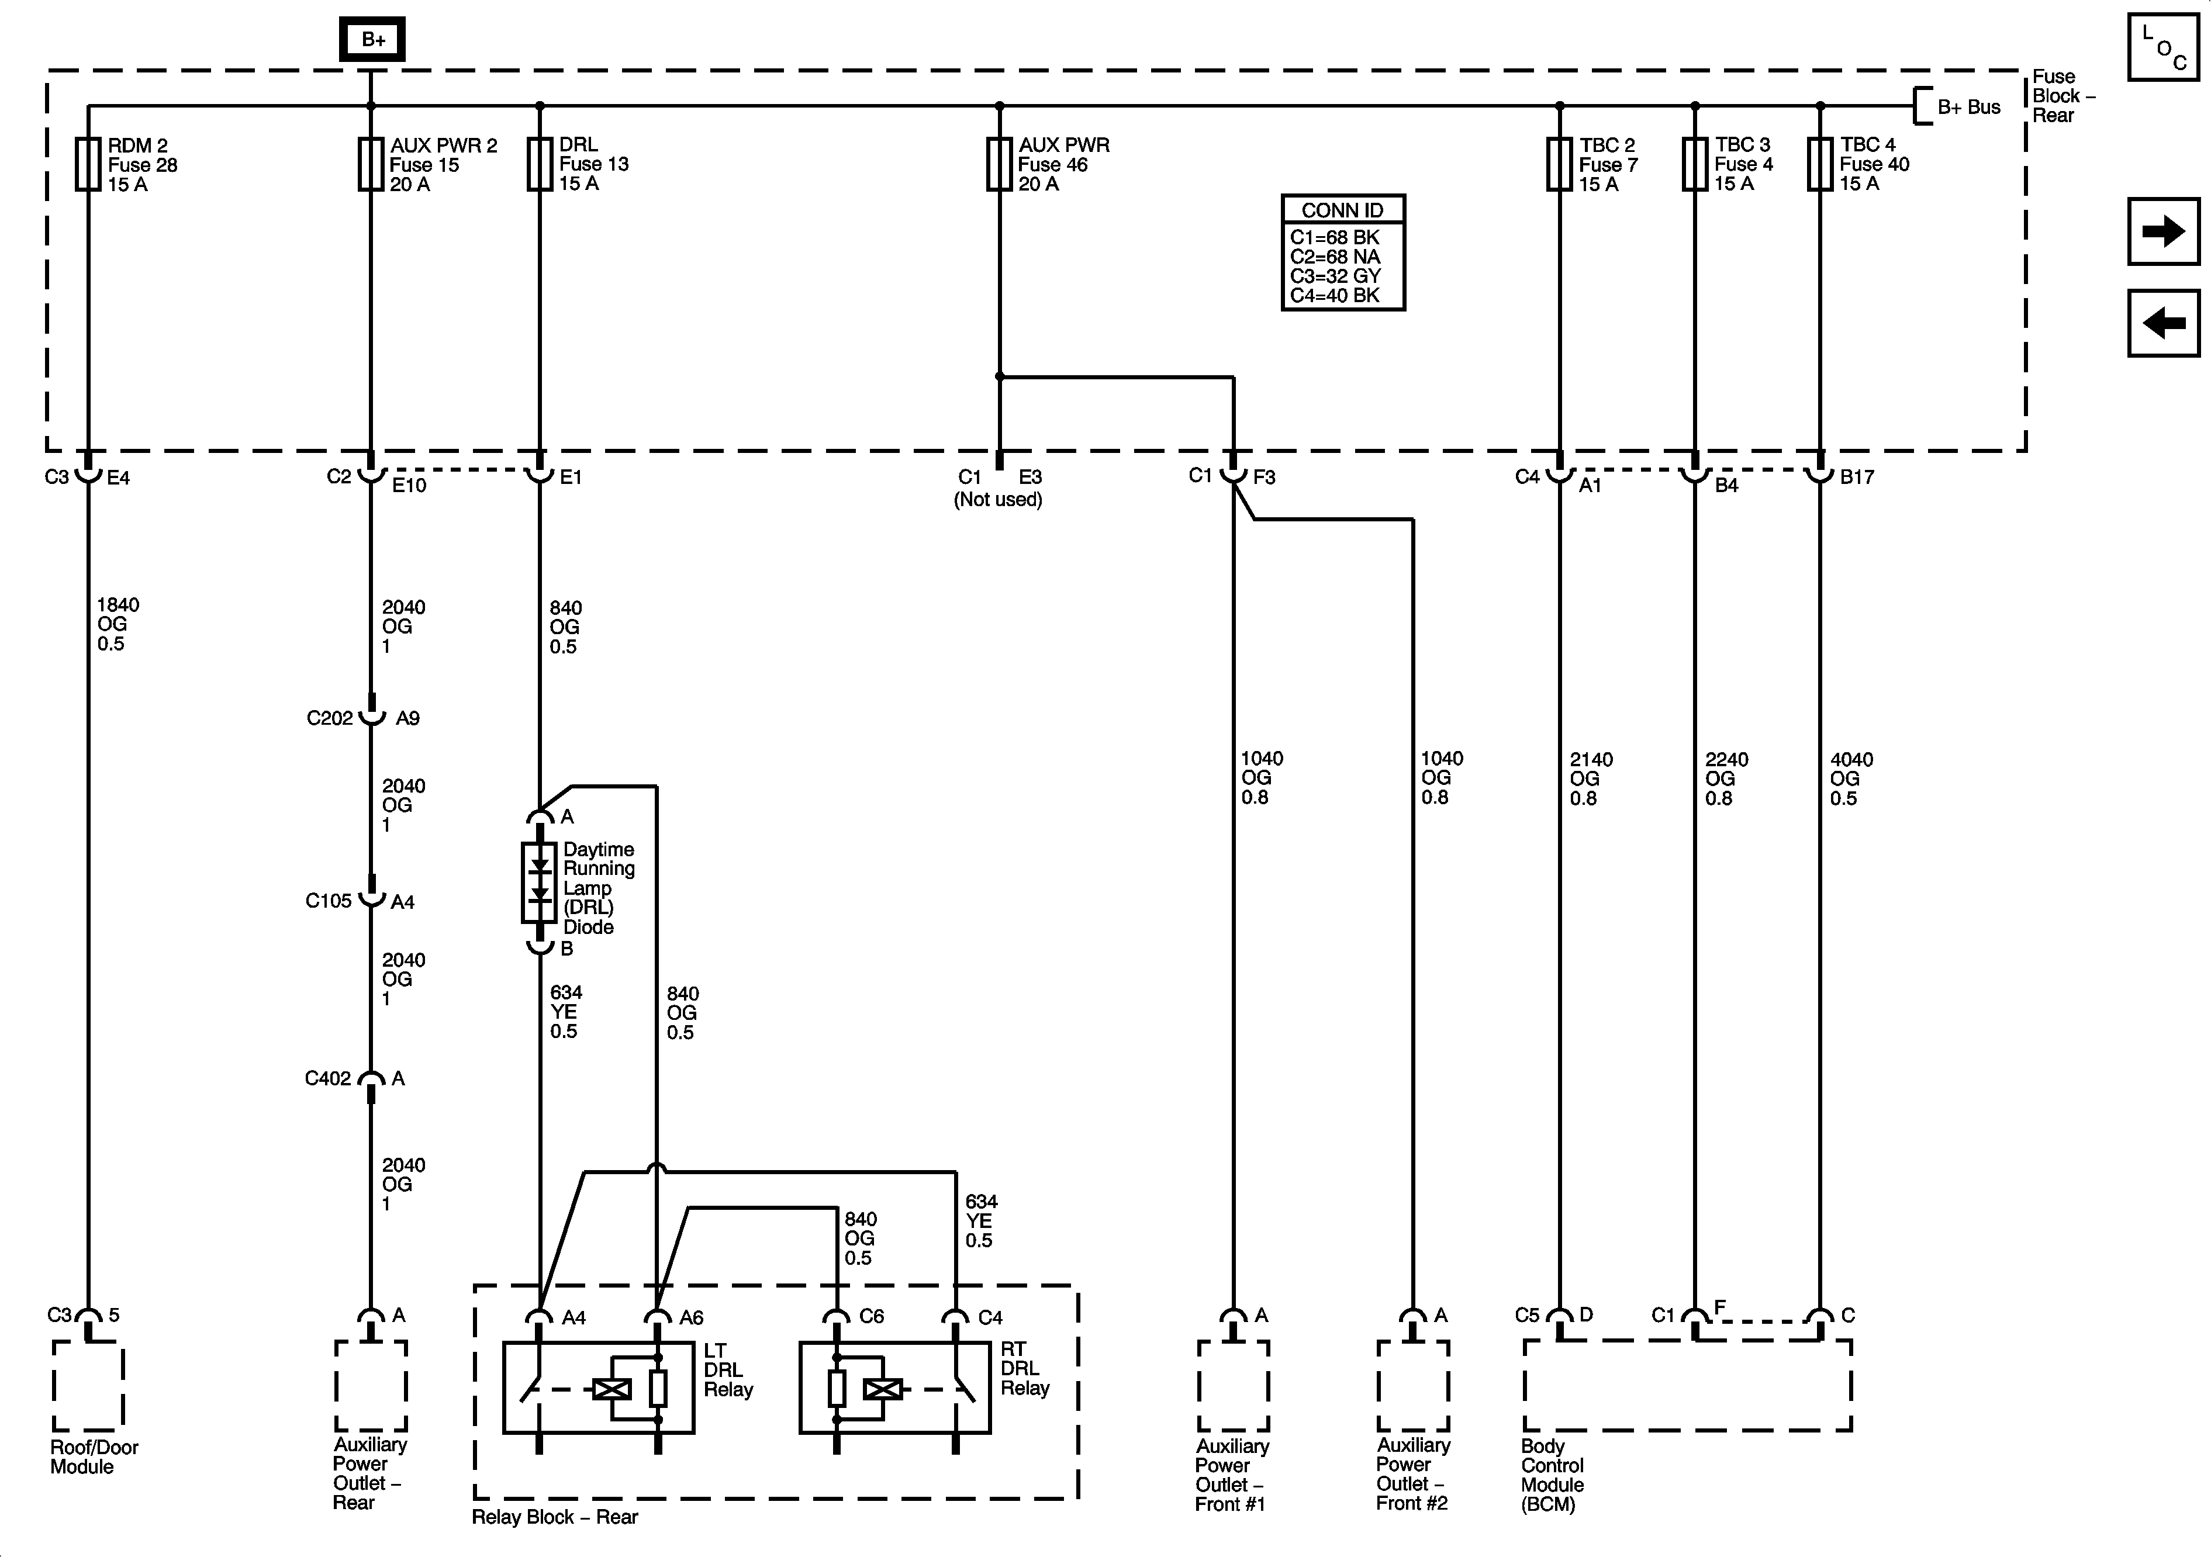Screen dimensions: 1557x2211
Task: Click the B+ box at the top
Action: click(372, 40)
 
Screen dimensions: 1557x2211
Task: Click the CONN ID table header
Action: click(1342, 210)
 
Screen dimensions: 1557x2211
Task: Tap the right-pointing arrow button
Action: click(2163, 231)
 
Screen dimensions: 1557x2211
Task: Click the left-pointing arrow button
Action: click(2163, 323)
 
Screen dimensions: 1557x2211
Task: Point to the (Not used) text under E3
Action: click(998, 500)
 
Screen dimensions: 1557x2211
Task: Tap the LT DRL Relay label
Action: click(727, 1369)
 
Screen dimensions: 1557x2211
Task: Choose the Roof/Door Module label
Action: click(94, 1457)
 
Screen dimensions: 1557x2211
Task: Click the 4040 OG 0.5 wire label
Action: click(1850, 779)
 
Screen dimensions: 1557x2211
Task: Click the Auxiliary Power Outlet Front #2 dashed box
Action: click(1412, 1386)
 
